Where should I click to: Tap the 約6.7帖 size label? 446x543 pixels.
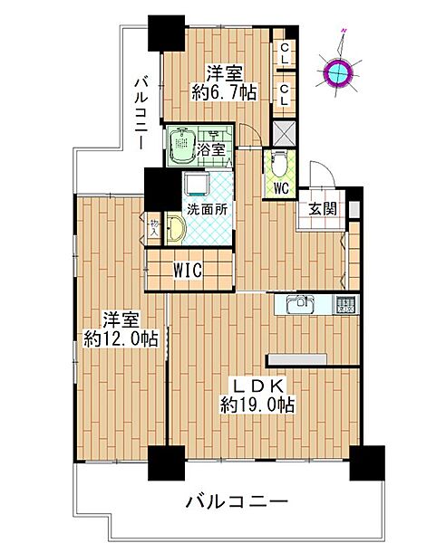222,91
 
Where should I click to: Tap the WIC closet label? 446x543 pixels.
189,271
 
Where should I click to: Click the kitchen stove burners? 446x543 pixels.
345,305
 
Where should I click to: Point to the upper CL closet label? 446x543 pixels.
285,53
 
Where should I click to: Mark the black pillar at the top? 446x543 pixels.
166,33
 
